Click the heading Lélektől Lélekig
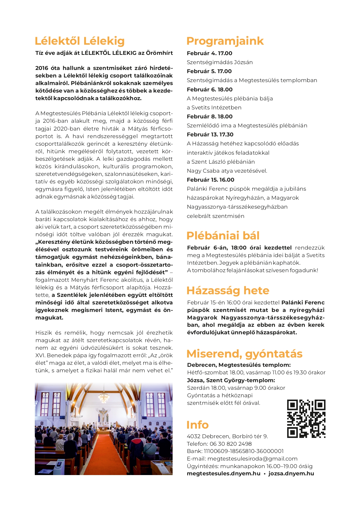pos(79,41)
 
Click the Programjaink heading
pos(225,41)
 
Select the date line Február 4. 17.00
pos(209,53)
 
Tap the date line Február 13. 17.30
pos(210,135)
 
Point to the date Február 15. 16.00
pos(211,180)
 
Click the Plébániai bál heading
pos(223,236)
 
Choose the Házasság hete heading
pos(228,290)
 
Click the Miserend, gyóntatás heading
pos(244,354)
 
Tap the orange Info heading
pos(198,425)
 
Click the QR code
pos(306,418)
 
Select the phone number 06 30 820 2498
pos(231,444)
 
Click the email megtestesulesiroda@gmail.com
pos(252,459)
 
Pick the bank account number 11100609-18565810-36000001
pos(244,451)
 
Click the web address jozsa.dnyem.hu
pos(291,474)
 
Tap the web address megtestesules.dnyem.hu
pos(223,474)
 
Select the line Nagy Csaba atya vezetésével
pos(227,171)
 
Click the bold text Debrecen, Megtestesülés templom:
pos(239,365)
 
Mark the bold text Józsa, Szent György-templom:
pos(231,380)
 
